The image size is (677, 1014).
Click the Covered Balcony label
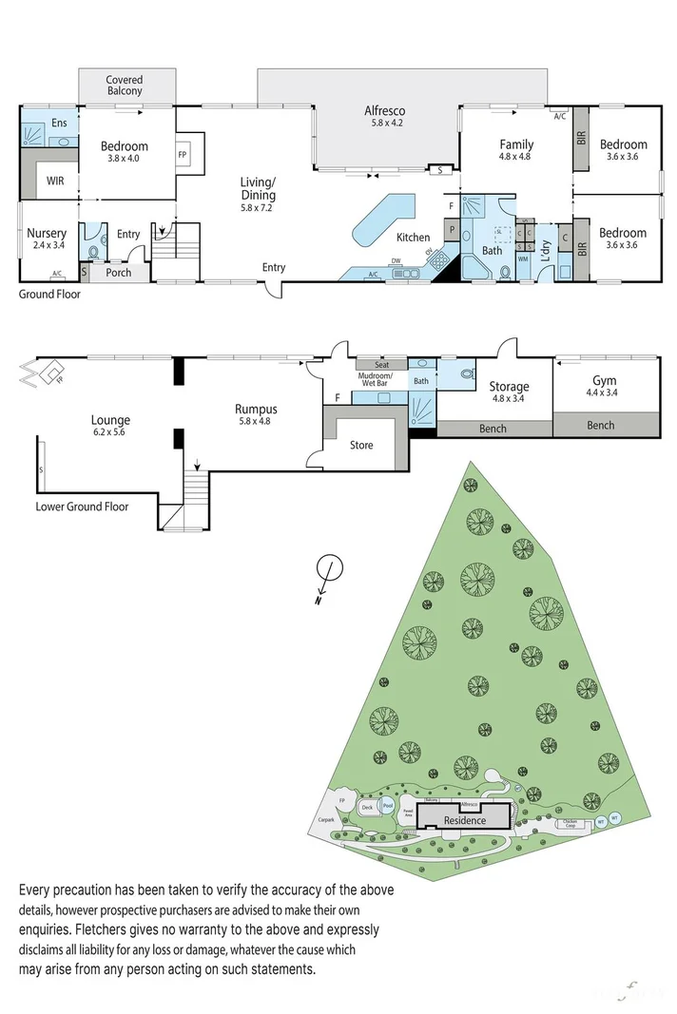click(x=125, y=86)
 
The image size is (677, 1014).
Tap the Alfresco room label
click(x=387, y=116)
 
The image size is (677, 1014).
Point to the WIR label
click(x=55, y=180)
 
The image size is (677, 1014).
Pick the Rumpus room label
click(x=256, y=414)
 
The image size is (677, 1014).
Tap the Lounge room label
click(x=110, y=425)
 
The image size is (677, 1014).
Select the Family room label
click(x=517, y=150)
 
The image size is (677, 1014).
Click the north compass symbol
click(x=328, y=570)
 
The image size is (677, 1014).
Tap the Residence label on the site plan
click(x=464, y=820)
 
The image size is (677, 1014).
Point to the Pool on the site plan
click(x=387, y=805)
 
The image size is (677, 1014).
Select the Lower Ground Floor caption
click(x=82, y=507)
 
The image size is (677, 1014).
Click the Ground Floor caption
click(x=49, y=295)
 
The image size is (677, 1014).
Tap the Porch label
click(x=119, y=273)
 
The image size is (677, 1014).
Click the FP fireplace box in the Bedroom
click(x=183, y=152)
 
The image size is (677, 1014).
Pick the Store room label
click(x=361, y=445)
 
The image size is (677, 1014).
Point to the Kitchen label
click(x=413, y=238)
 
